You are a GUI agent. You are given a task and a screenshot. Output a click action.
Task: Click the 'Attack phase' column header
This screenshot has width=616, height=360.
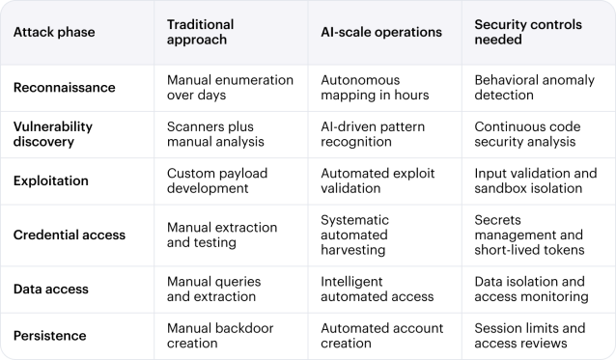click(x=54, y=32)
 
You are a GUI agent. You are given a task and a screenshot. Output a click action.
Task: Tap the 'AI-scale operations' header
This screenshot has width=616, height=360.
click(x=380, y=32)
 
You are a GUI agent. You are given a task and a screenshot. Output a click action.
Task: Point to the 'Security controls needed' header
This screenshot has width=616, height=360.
click(x=522, y=32)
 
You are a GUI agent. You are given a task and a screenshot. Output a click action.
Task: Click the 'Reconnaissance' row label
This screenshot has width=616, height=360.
click(x=64, y=88)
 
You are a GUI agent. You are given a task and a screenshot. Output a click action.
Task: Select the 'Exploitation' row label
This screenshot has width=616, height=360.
click(x=51, y=180)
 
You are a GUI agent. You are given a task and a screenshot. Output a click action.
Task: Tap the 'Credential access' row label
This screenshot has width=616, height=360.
click(x=70, y=235)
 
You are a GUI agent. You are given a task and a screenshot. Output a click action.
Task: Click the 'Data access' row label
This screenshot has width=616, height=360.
click(x=51, y=289)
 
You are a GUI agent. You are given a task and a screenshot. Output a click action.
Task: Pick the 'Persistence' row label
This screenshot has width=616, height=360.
click(x=49, y=335)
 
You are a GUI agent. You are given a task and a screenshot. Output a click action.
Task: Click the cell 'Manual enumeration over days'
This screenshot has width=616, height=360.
click(x=222, y=88)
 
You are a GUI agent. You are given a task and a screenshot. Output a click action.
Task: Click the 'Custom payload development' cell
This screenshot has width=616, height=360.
click(x=216, y=180)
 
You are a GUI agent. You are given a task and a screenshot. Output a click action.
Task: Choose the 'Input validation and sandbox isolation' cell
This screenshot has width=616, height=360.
click(x=535, y=180)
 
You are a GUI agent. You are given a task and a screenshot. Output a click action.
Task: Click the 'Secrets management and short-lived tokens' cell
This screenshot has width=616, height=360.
click(x=529, y=235)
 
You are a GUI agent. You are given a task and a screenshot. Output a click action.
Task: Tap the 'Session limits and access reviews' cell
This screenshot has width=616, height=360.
click(x=529, y=335)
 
